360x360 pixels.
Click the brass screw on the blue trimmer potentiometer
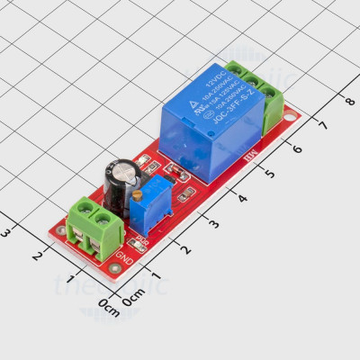click(136, 195)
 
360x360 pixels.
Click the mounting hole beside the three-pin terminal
click(289, 115)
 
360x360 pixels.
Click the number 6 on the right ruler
click(296, 148)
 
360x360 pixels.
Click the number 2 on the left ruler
click(37, 256)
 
